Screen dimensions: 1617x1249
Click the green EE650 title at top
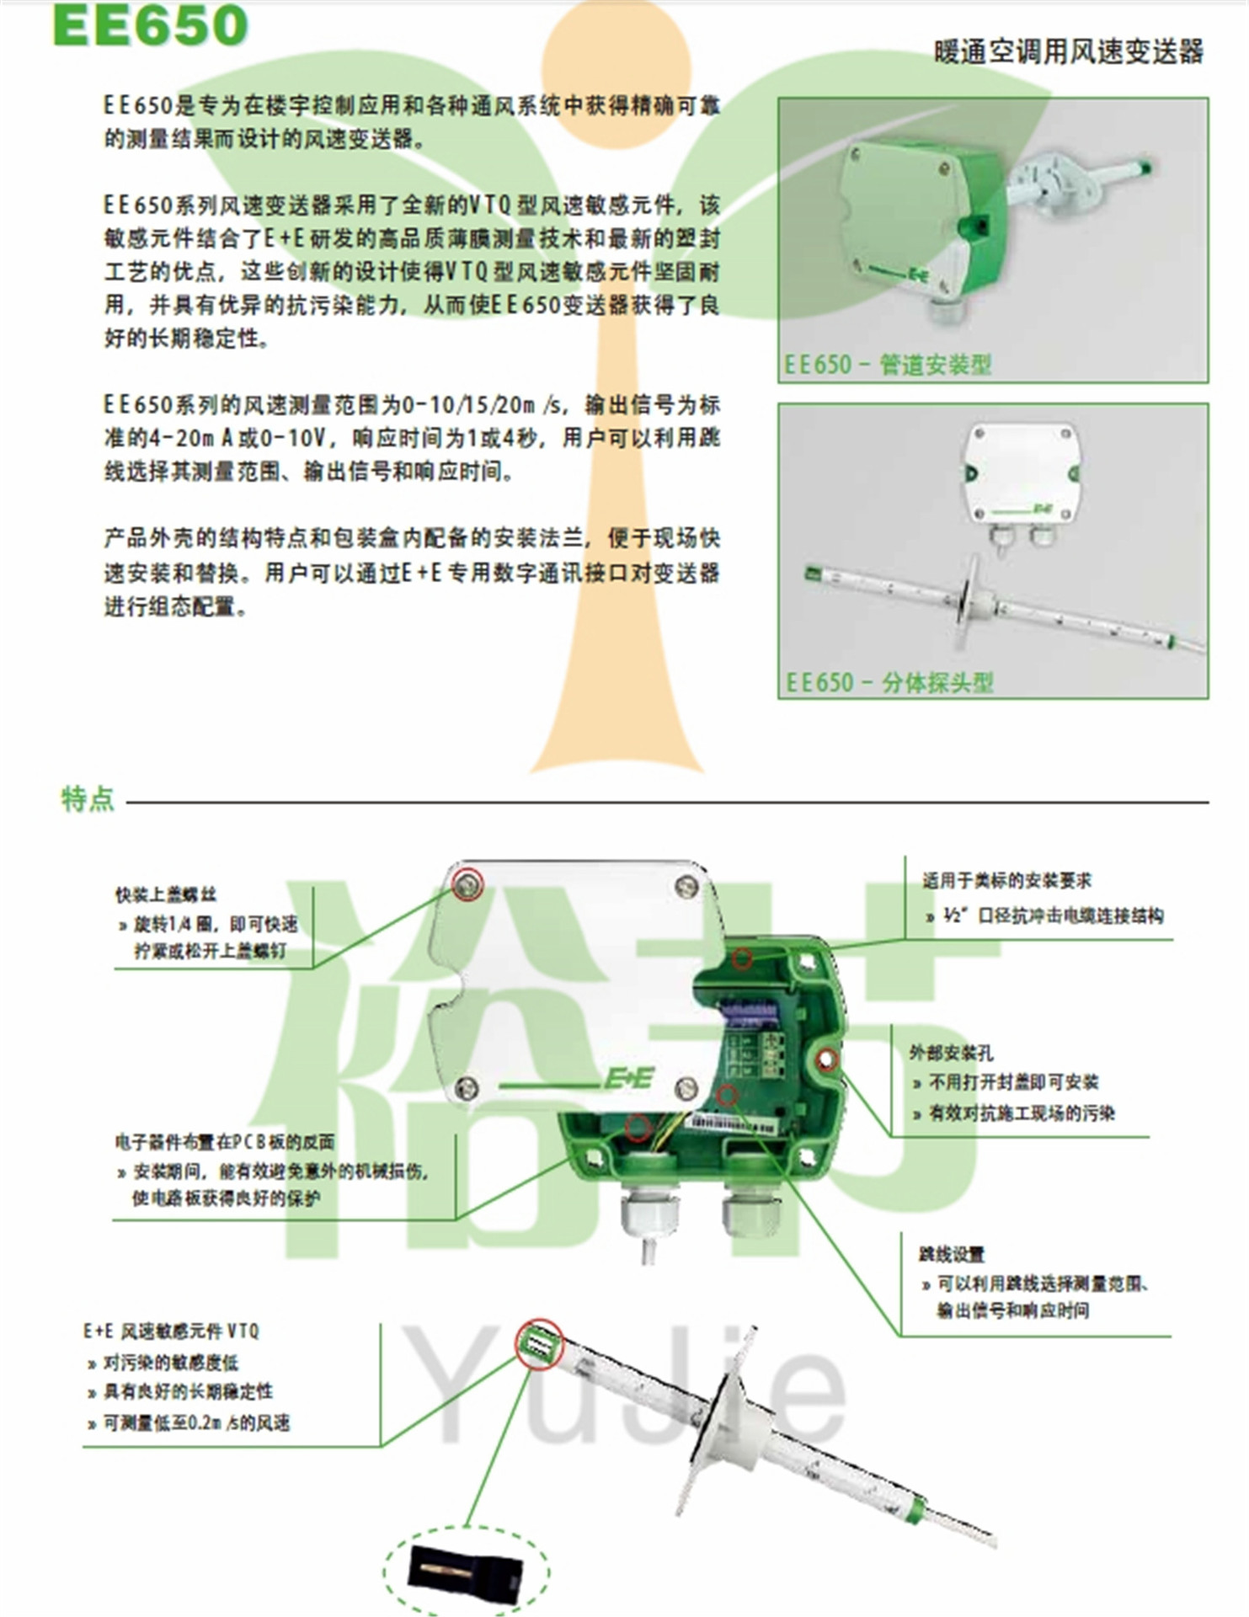pyautogui.click(x=150, y=25)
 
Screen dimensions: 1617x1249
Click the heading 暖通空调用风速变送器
pyautogui.click(x=1068, y=52)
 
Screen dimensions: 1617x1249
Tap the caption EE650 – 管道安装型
pyautogui.click(x=888, y=365)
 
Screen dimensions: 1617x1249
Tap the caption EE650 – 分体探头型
pyautogui.click(x=889, y=682)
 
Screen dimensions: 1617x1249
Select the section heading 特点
pyautogui.click(x=88, y=798)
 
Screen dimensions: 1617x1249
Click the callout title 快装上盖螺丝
pyautogui.click(x=166, y=894)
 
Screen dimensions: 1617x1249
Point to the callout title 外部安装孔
pyautogui.click(x=951, y=1053)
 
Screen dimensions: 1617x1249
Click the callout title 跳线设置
pyautogui.click(x=952, y=1254)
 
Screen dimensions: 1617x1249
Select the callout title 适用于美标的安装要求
pyautogui.click(x=1006, y=881)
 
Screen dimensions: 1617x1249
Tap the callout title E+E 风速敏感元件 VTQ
pyautogui.click(x=171, y=1331)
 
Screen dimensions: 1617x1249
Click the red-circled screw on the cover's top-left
pyautogui.click(x=467, y=883)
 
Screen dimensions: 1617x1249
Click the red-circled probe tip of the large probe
pyautogui.click(x=539, y=1342)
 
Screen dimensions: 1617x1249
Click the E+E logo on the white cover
pyautogui.click(x=628, y=1079)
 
